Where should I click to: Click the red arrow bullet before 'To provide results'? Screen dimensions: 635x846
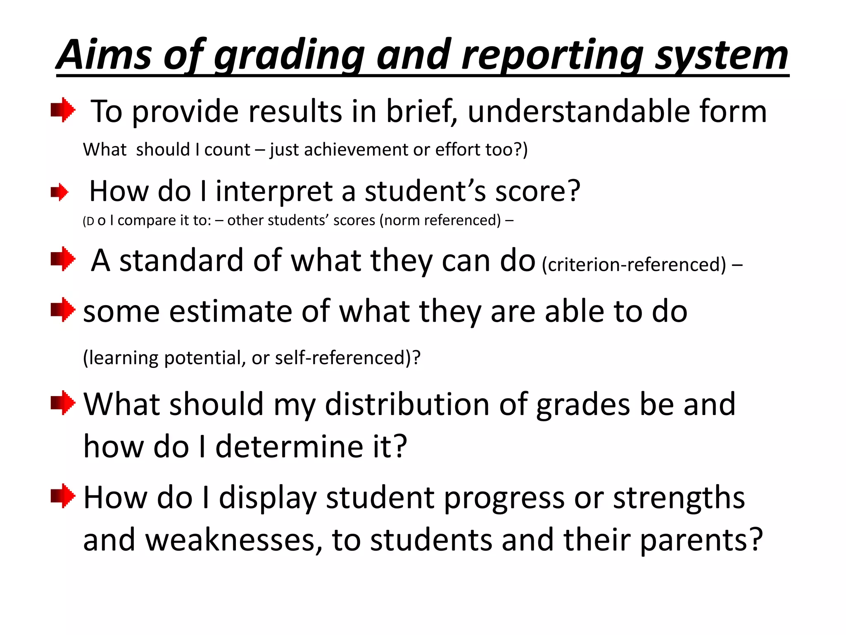click(63, 110)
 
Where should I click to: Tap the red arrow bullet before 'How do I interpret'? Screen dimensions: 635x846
click(60, 192)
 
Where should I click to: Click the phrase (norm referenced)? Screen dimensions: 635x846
click(442, 220)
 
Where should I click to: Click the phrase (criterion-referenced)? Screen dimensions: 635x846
click(634, 265)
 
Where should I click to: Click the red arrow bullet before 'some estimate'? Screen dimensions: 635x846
click(63, 310)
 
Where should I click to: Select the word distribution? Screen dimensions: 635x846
click(407, 404)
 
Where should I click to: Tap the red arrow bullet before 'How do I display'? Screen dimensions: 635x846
click(63, 496)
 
